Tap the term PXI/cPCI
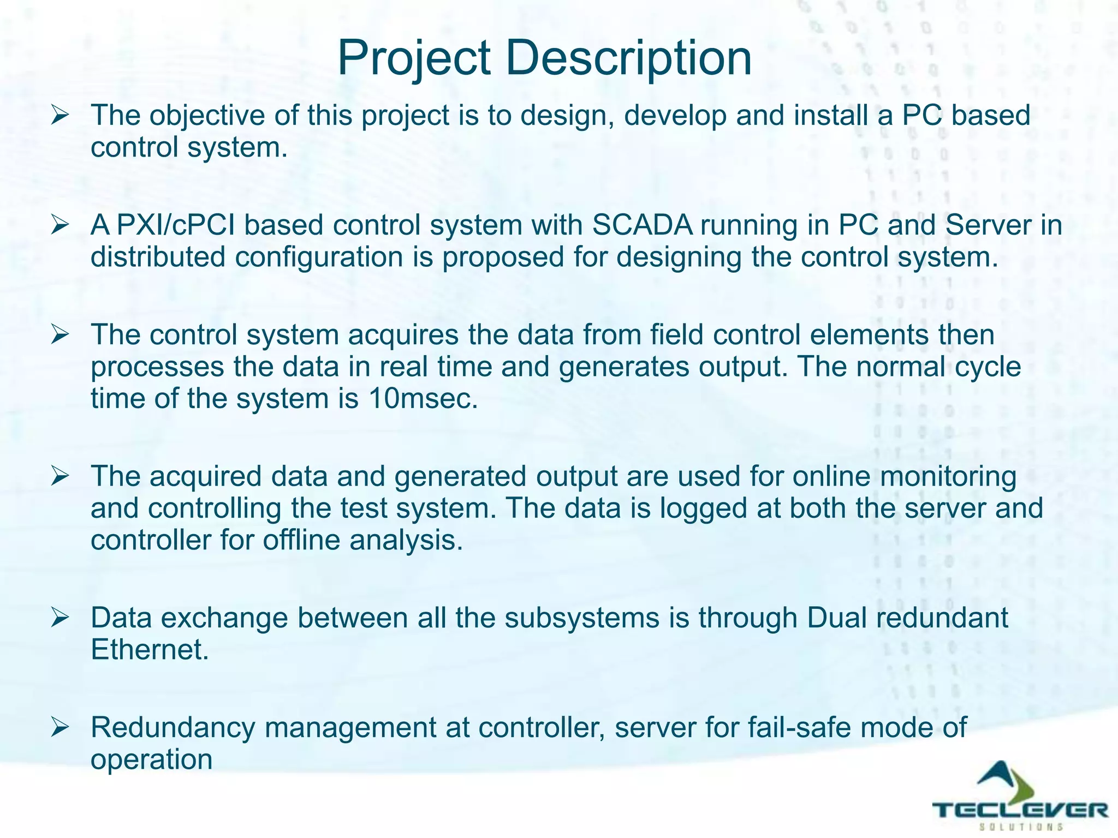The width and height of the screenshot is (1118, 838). click(175, 225)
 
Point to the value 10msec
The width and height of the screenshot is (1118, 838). click(423, 398)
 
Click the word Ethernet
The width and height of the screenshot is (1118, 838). click(150, 650)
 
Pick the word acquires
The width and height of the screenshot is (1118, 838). click(403, 334)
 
